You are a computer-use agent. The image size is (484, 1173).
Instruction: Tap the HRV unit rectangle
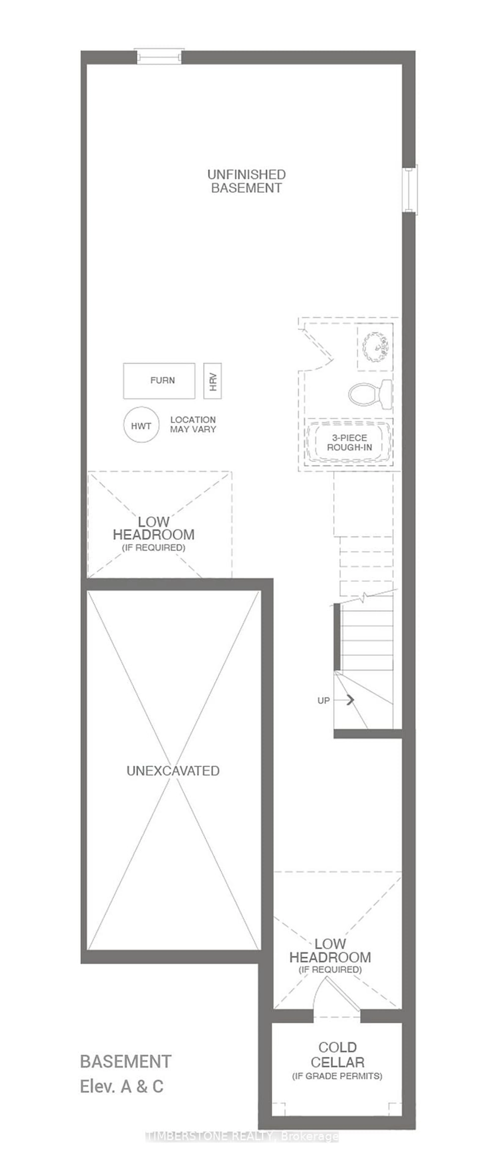[x=212, y=381]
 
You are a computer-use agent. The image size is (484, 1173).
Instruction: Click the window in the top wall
[x=160, y=57]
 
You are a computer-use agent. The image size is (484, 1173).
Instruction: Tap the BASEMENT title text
[x=126, y=1061]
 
